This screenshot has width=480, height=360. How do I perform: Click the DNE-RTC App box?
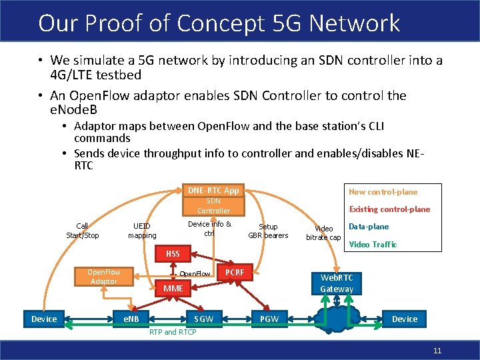click(x=213, y=191)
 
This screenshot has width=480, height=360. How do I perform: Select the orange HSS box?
click(x=173, y=254)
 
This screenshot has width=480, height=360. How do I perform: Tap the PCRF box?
click(x=235, y=273)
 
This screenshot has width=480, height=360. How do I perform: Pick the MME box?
click(x=173, y=289)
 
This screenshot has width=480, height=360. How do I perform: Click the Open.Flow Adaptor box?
click(x=104, y=277)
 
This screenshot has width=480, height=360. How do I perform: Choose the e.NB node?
click(x=131, y=319)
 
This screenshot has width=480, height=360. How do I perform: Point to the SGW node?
click(x=203, y=319)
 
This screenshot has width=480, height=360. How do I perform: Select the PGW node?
click(x=269, y=319)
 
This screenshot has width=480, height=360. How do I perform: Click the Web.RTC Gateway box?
click(x=337, y=283)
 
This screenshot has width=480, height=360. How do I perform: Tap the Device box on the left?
click(x=44, y=319)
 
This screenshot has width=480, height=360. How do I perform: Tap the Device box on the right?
click(x=405, y=319)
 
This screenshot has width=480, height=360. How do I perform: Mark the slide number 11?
click(x=437, y=351)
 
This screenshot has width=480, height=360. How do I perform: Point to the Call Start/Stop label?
click(x=83, y=231)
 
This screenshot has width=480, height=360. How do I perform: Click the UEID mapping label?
click(x=142, y=231)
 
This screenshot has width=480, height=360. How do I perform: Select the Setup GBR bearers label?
click(x=268, y=231)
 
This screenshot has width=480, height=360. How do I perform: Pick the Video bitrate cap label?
click(x=323, y=233)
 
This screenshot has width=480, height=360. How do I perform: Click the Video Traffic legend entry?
click(x=373, y=245)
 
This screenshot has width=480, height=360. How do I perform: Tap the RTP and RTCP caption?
click(x=172, y=331)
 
